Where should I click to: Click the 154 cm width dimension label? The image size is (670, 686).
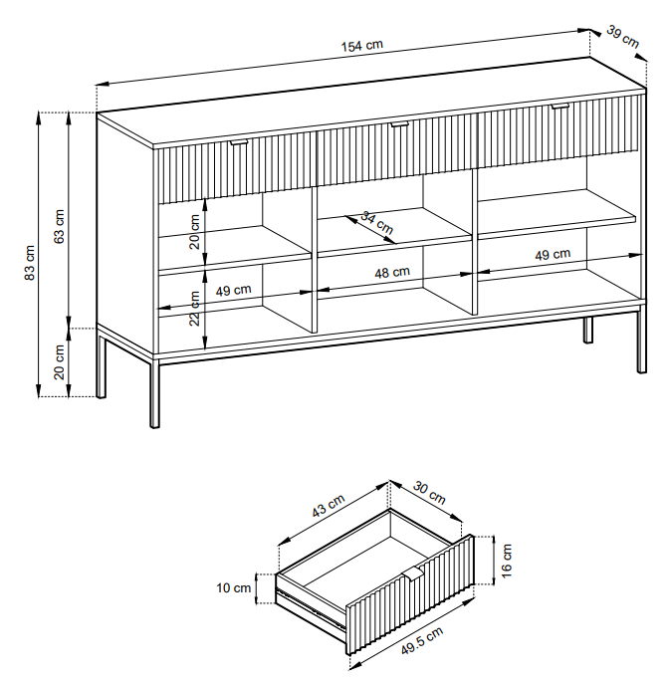coord(363,46)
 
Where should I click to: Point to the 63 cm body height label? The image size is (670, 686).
coord(59,228)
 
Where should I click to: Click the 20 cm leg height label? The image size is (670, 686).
coord(59,361)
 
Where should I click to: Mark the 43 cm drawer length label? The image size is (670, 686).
coord(328,507)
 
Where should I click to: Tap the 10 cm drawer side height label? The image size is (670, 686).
coord(234,587)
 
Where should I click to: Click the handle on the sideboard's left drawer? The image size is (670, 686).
coord(239,143)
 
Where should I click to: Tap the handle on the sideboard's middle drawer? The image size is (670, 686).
coord(399,124)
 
